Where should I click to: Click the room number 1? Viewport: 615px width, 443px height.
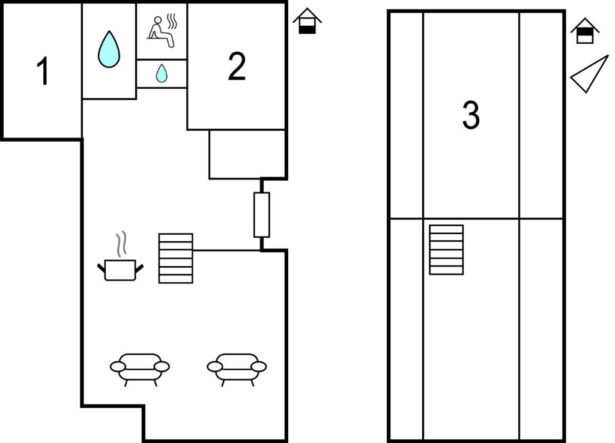tap(43, 71)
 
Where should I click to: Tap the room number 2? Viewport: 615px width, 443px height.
tap(237, 66)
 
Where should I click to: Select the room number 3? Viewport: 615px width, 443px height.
tap(471, 115)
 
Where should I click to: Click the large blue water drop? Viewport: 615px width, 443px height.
tap(109, 49)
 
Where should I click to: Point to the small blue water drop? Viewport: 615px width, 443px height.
tap(162, 73)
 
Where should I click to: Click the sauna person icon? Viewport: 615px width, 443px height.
tap(162, 31)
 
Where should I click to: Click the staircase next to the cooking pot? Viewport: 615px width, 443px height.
tap(176, 258)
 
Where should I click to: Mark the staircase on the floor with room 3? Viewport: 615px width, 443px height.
tap(446, 250)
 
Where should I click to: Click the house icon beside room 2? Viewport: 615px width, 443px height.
tap(307, 21)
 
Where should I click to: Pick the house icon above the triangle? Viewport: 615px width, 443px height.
tap(585, 31)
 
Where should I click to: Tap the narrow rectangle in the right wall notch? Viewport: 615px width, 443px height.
tap(262, 215)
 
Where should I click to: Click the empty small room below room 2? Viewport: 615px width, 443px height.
tap(247, 154)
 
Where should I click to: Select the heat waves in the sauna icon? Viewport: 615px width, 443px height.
tap(172, 22)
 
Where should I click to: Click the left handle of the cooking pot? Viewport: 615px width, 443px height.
tap(101, 268)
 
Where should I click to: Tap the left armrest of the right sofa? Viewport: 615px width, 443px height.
tap(214, 367)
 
